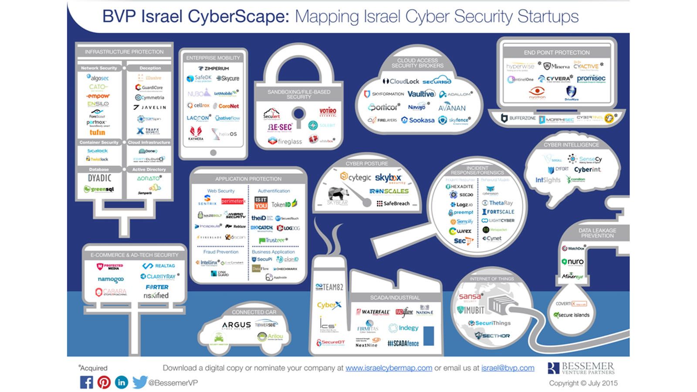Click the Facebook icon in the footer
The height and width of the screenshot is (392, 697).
point(86,382)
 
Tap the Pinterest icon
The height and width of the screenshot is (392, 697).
point(104,382)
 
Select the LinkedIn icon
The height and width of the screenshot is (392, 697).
point(121,382)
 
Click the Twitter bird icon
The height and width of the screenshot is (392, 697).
point(139,382)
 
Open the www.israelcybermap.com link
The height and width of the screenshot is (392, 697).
point(389,368)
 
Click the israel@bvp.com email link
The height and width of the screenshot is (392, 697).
point(508,368)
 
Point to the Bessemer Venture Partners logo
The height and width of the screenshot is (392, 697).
point(581,368)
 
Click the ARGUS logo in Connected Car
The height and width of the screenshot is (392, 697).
point(236,325)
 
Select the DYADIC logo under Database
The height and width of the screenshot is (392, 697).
point(99,178)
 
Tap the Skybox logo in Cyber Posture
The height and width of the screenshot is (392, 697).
point(388,178)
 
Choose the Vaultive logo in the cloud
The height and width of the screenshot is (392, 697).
point(421,94)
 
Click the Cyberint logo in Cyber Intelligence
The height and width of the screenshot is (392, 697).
point(587,169)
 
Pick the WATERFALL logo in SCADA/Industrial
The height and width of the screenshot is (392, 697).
point(373,312)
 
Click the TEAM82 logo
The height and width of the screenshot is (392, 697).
point(329,287)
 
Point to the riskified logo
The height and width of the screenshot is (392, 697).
point(156,296)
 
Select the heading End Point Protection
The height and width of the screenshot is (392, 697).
point(557,52)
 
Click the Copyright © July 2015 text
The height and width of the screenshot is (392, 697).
point(583,383)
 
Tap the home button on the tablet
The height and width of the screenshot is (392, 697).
point(213,153)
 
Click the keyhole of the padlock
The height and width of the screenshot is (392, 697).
point(298,115)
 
